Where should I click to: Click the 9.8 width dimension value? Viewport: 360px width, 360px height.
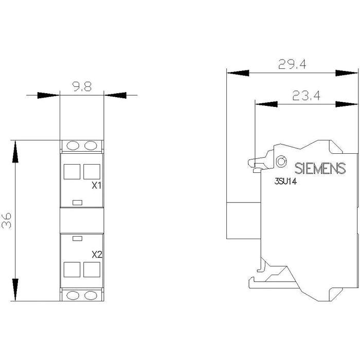pos(82,87)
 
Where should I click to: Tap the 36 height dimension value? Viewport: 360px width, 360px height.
pos(6,221)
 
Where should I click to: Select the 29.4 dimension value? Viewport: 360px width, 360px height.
pos(292,64)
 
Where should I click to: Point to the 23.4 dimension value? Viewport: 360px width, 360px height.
pos(307,96)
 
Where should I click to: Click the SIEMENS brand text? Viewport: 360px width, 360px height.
pos(320,168)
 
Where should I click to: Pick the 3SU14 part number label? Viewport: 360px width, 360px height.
pos(285,182)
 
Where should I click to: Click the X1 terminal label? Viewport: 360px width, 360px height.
pos(97,186)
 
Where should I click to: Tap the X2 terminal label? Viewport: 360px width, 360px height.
pos(97,255)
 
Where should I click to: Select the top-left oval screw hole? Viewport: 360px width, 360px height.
pos(73,146)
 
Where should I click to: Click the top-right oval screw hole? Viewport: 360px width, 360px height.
pos(91,146)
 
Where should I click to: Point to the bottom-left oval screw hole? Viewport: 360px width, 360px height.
pos(73,296)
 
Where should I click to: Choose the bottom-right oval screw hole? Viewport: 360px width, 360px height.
pos(91,296)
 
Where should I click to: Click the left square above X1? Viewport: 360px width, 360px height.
pos(72,171)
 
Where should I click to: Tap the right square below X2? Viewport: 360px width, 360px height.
pos(92,269)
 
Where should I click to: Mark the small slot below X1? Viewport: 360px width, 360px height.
pos(77,203)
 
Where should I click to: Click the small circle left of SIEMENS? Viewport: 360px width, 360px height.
pos(281,161)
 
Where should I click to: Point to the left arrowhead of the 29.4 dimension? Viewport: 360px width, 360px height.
pos(238,73)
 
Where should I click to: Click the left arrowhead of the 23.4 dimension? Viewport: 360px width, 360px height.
pos(266,104)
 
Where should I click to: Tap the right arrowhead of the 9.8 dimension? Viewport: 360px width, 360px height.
pos(115,95)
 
